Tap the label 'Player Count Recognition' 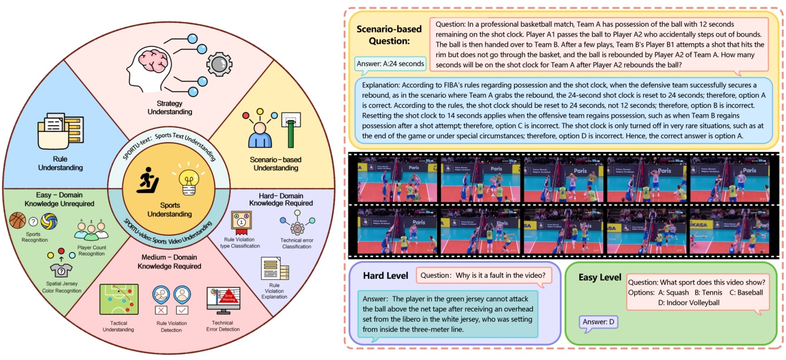point(92,250)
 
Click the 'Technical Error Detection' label point(222,326)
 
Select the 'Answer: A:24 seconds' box point(391,63)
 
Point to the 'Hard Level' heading point(386,276)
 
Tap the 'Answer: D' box point(598,322)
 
